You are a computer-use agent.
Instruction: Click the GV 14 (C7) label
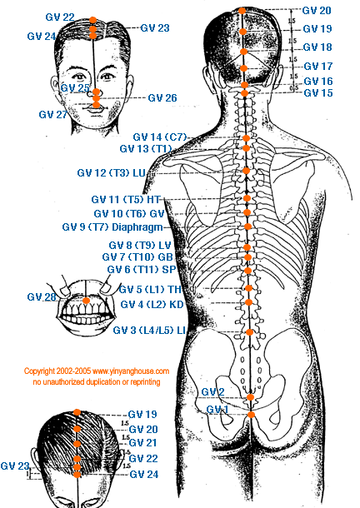160,137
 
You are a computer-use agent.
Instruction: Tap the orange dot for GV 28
86,301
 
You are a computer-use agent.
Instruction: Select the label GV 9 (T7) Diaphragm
112,227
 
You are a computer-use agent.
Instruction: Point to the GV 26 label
162,97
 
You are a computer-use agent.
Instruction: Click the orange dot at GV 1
251,415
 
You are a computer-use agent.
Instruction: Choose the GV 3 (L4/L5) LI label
149,330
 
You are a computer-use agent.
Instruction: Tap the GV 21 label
143,442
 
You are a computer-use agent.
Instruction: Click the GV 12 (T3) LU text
111,172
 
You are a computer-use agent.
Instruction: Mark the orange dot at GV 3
249,332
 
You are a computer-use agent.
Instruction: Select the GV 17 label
318,66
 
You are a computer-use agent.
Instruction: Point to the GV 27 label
52,114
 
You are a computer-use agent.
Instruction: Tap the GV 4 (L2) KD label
152,304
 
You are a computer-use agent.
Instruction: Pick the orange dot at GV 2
250,397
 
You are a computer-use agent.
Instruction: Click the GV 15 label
318,93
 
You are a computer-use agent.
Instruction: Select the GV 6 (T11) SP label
142,269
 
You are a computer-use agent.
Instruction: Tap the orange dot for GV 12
246,171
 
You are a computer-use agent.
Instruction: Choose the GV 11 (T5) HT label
126,199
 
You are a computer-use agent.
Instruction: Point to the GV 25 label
75,87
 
